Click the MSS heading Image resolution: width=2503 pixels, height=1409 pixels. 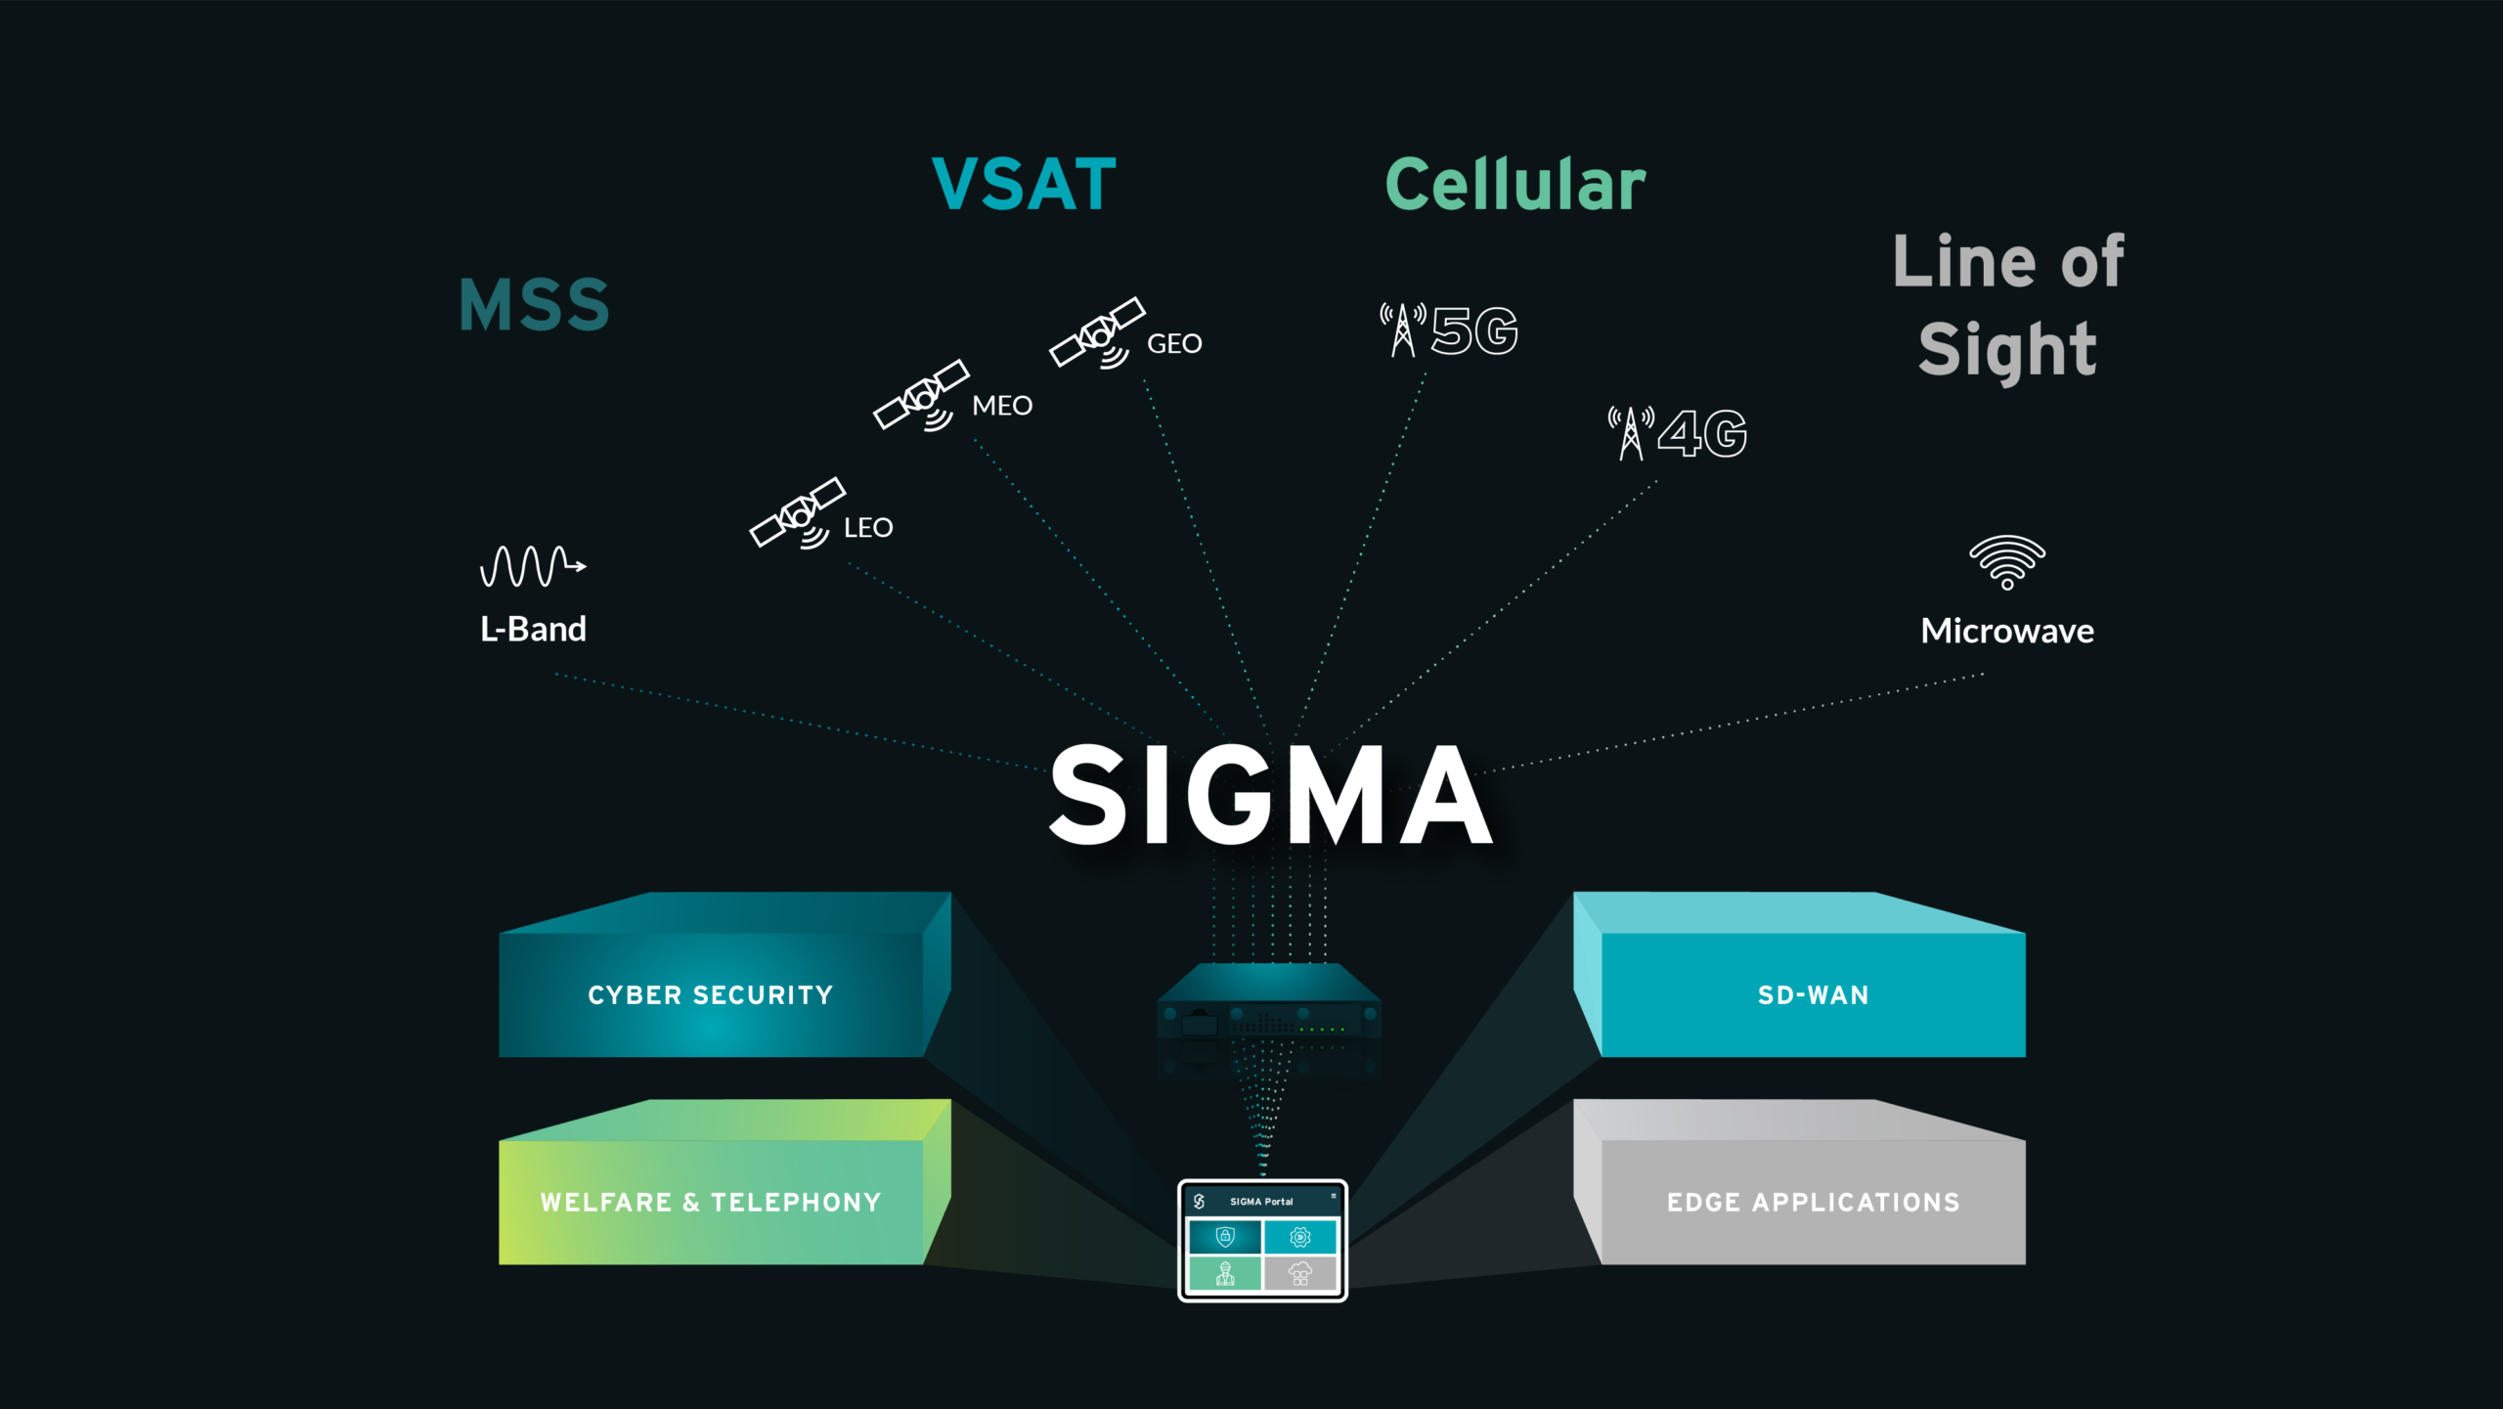click(x=534, y=305)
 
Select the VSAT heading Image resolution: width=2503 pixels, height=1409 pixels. click(x=1024, y=184)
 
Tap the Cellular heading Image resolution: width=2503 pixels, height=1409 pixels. click(x=1515, y=184)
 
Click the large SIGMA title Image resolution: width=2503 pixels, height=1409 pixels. click(x=1270, y=794)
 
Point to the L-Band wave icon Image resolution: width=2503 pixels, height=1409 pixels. click(x=532, y=566)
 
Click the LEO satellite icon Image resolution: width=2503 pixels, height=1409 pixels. click(x=797, y=513)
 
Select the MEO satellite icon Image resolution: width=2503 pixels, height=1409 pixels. click(x=921, y=395)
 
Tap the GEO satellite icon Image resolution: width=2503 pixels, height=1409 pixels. click(x=1097, y=333)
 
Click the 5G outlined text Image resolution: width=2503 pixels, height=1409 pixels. click(x=1474, y=330)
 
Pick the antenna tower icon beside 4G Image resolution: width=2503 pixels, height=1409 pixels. click(x=1631, y=433)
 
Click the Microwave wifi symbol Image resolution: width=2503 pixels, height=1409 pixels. click(x=2006, y=562)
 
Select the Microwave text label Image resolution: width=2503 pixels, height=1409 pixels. click(x=2006, y=631)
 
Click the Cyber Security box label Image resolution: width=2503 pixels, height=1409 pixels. click(x=711, y=995)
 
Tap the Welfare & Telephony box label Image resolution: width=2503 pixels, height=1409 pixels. click(x=711, y=1203)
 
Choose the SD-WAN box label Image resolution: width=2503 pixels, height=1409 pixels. click(x=1813, y=995)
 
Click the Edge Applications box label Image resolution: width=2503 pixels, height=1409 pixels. click(x=1813, y=1203)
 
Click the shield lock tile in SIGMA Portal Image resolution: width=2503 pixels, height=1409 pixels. click(x=1225, y=1237)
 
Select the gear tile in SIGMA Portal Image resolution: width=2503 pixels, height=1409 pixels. click(x=1300, y=1237)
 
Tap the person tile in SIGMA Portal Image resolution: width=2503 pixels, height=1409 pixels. click(x=1225, y=1273)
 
